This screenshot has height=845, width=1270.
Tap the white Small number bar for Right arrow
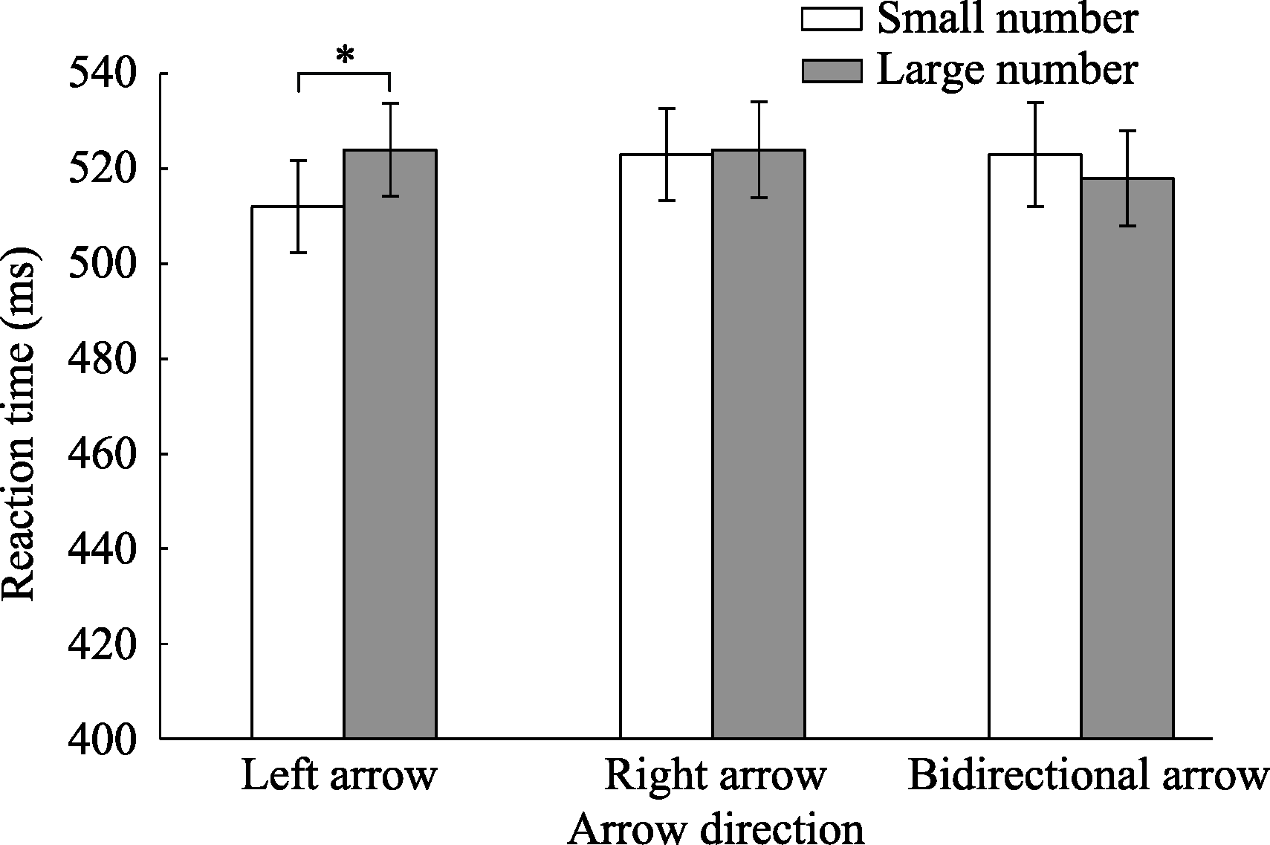point(666,446)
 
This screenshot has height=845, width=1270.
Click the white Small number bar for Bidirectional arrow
point(1034,446)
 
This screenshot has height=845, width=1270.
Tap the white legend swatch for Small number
point(831,19)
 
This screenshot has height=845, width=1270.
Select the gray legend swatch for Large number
point(831,71)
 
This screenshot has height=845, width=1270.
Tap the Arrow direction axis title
point(716,829)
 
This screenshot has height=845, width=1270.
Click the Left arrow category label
point(338,776)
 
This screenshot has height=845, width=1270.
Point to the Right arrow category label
point(715,776)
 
